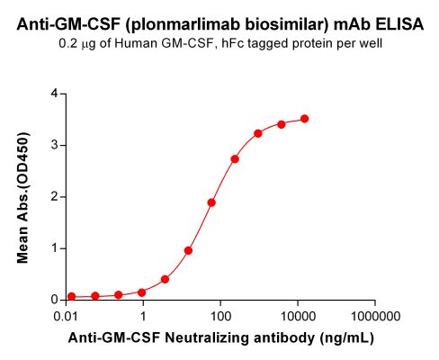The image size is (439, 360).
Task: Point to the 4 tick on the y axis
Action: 55,93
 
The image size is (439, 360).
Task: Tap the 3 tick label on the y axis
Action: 55,144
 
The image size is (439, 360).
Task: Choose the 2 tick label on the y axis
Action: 55,196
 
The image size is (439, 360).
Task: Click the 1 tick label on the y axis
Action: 55,247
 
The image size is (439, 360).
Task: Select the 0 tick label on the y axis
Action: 55,300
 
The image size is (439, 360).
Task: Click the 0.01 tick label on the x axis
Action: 66,318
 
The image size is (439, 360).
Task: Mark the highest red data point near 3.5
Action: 305,119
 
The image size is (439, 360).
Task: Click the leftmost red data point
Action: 72,296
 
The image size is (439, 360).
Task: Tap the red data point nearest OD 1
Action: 188,250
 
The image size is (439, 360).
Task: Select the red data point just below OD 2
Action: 211,202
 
